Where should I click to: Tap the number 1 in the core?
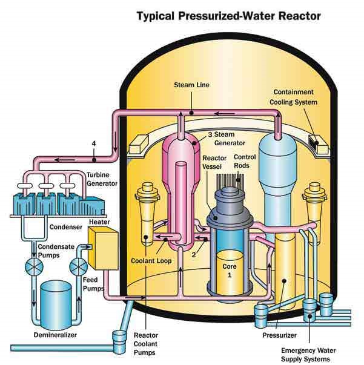click(229, 274)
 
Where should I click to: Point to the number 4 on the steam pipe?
click(94, 144)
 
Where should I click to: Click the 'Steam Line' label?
click(191, 85)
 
